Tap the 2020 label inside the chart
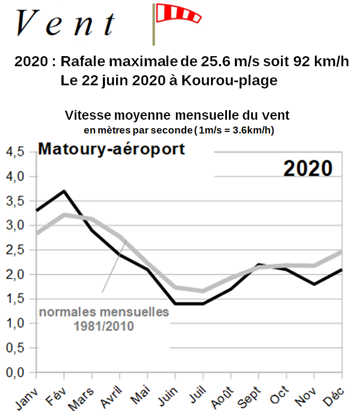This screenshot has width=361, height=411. click(307, 168)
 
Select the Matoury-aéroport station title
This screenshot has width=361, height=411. click(111, 149)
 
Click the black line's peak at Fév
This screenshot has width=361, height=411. click(64, 191)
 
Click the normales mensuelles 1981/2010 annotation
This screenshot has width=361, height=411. click(104, 318)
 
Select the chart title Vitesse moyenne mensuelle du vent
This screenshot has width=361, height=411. click(177, 115)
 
